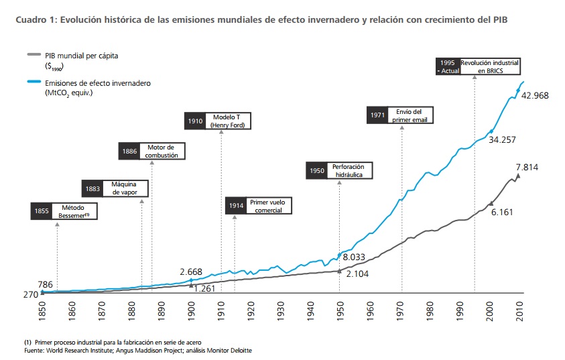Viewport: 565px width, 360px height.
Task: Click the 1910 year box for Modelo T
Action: (195, 121)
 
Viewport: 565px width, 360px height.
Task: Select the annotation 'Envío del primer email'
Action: (408, 115)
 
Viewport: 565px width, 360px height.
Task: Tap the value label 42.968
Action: (535, 96)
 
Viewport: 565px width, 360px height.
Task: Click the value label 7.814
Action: (527, 168)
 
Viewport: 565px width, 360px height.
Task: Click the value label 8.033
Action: (353, 257)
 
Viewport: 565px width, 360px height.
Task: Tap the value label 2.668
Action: (191, 272)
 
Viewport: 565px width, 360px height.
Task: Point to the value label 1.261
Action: (204, 288)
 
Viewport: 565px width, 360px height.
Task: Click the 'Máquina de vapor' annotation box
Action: (125, 188)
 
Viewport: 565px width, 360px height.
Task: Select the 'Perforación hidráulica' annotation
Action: (349, 170)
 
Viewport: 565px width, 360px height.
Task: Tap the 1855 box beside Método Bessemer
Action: (42, 212)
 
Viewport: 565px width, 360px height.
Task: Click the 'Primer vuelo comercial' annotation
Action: (267, 206)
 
